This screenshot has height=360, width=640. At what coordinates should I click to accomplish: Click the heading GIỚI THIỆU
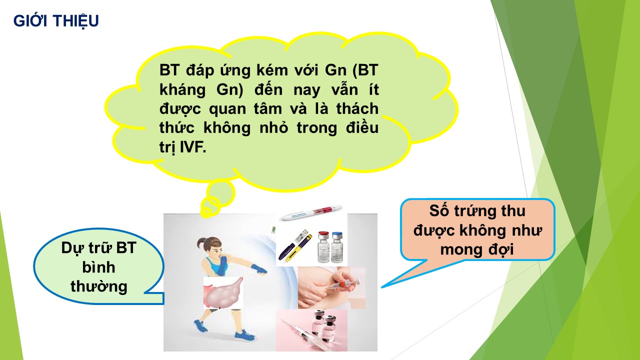pyautogui.click(x=56, y=21)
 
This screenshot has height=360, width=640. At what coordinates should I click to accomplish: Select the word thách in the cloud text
pyautogui.click(x=357, y=108)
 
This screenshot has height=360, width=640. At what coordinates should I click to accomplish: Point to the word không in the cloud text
pyautogui.click(x=227, y=127)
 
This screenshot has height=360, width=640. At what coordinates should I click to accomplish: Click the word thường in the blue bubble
pyautogui.click(x=99, y=286)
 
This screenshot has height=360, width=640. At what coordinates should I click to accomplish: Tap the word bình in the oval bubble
pyautogui.click(x=99, y=267)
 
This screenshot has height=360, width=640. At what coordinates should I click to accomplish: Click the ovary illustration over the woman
pyautogui.click(x=223, y=292)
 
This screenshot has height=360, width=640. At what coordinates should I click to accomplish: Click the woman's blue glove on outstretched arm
pyautogui.click(x=258, y=269)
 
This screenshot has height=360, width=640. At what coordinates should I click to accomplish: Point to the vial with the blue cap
pyautogui.click(x=337, y=247)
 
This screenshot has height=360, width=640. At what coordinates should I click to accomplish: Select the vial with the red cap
pyautogui.click(x=323, y=247)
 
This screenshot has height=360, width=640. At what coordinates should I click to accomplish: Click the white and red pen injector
pyautogui.click(x=311, y=212)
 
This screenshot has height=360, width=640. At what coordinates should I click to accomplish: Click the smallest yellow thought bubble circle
pyautogui.click(x=205, y=212)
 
